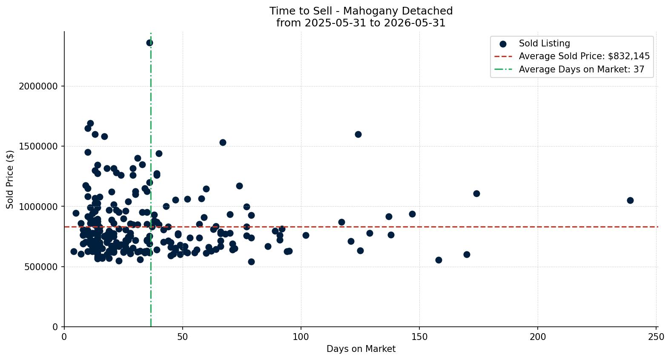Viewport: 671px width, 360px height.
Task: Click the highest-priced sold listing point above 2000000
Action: point(149,43)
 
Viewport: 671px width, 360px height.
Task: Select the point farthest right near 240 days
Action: point(630,201)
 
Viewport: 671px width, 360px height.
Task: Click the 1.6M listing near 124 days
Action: point(358,134)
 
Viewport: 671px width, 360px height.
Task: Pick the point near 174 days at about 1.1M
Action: point(476,194)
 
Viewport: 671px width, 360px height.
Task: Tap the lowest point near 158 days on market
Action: point(439,260)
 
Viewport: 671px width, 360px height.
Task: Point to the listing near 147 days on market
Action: point(412,214)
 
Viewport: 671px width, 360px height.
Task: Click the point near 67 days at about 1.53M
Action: point(223,142)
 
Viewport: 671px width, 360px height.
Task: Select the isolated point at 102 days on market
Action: point(306,235)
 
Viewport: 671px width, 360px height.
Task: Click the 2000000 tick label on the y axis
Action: point(38,86)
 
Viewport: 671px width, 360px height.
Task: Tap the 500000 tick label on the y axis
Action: point(41,267)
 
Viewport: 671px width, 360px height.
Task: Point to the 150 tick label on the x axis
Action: point(419,337)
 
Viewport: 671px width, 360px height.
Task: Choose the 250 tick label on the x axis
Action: point(657,337)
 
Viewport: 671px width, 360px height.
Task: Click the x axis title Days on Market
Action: point(361,349)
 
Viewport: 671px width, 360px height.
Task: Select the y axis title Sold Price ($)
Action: point(10,179)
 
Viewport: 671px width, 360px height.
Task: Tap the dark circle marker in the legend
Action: point(503,44)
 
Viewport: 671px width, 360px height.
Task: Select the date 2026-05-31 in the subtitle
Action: point(415,23)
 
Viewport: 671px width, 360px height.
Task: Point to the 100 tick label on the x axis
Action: point(301,337)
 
